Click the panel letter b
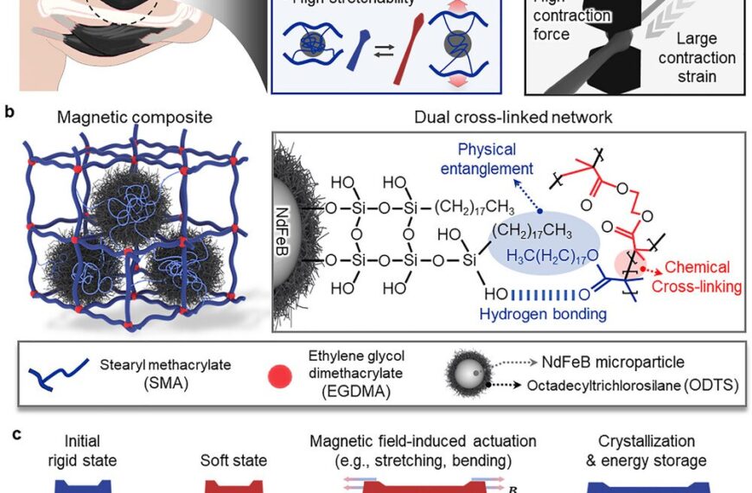10,112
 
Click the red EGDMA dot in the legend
278,373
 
